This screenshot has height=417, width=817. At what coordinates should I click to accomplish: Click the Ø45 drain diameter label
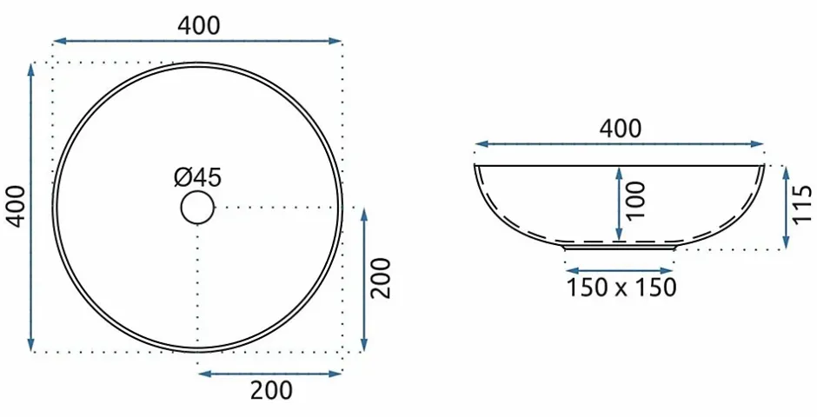coord(197,177)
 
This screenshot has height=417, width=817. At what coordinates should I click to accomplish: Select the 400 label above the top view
coord(198,25)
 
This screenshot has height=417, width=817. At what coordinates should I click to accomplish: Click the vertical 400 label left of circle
coord(17,206)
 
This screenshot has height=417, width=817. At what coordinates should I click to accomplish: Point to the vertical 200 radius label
coord(381,278)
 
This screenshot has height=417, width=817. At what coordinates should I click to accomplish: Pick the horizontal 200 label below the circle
coord(271,390)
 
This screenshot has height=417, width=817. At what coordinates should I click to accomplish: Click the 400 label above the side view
coord(620,129)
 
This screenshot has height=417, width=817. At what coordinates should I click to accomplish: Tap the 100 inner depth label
coord(635,201)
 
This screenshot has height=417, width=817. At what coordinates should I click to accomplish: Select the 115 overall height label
coord(802,204)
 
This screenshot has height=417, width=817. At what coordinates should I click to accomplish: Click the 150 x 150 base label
coord(621,288)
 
